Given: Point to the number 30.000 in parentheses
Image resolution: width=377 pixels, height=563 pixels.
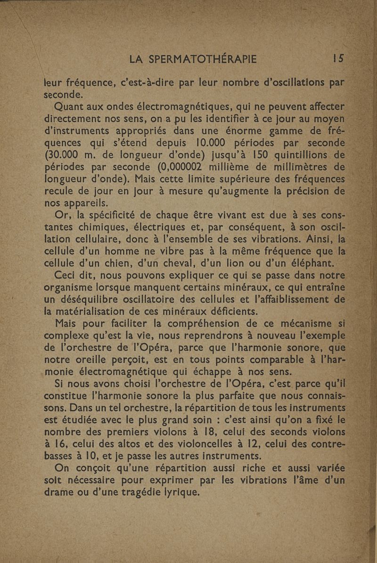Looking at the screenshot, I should click(69, 154).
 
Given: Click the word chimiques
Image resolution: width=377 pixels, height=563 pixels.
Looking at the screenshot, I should click(105, 228).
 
